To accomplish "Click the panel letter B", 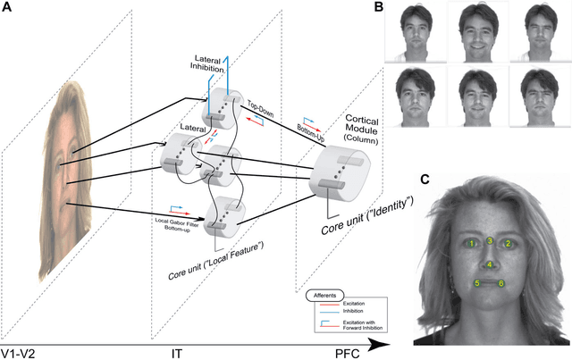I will (378, 8).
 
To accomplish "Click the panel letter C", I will (425, 179).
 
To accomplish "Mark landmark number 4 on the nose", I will (490, 264).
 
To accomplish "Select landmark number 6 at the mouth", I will (502, 284).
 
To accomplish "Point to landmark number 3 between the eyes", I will (490, 240).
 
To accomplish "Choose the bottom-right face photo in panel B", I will (539, 96).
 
